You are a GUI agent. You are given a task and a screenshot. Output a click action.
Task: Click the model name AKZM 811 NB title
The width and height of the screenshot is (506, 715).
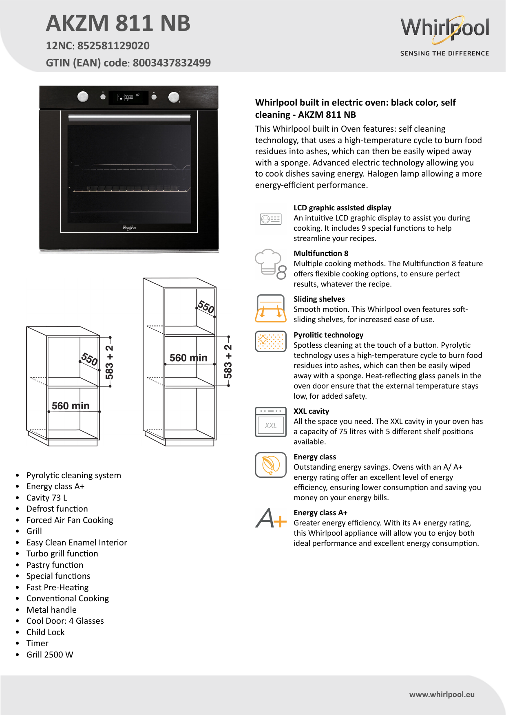118,23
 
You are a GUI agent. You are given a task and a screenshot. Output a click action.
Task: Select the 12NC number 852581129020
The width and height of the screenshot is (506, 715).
113,46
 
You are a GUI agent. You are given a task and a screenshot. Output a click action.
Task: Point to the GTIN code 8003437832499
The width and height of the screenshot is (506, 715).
172,63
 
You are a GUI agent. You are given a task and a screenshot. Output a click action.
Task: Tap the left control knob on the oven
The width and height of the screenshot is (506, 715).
83,97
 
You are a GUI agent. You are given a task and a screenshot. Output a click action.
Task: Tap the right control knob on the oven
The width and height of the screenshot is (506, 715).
174,97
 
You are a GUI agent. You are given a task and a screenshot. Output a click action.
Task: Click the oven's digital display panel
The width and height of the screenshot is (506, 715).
128,97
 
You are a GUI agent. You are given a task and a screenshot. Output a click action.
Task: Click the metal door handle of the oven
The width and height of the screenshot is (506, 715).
129,118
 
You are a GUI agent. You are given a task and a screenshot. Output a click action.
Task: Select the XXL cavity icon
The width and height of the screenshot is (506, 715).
271,422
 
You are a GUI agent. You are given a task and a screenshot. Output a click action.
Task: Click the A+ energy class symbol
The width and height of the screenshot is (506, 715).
271,518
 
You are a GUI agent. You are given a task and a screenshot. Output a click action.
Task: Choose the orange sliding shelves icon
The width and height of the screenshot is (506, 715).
271,309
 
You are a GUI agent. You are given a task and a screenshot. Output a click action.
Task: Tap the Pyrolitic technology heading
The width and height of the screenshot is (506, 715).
328,335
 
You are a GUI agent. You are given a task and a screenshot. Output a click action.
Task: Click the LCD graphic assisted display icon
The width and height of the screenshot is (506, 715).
271,219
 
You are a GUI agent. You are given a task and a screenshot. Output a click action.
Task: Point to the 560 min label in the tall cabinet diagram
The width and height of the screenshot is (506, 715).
188,358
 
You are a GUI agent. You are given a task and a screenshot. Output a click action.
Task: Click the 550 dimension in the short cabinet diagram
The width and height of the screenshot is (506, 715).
89,359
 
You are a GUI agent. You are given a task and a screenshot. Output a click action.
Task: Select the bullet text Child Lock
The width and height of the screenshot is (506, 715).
45,632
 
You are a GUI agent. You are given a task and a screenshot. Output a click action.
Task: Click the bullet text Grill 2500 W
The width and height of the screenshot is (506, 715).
50,655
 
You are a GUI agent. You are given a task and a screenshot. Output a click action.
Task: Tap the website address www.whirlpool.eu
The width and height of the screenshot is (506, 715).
442,695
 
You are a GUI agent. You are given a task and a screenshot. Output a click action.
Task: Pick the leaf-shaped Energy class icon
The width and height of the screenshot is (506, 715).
271,465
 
